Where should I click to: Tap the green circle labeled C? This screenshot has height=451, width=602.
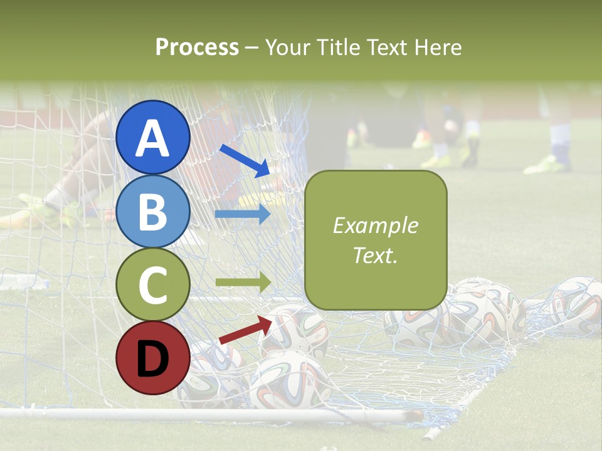(x=153, y=285)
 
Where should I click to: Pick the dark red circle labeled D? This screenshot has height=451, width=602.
(x=153, y=358)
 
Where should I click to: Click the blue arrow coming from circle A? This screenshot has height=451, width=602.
(x=245, y=160)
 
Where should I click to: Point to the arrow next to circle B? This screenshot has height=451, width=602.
(x=243, y=214)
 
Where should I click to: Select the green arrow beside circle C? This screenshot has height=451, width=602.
(x=243, y=283)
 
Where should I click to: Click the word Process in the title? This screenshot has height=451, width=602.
(x=197, y=47)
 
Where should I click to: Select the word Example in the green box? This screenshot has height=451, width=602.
(x=376, y=225)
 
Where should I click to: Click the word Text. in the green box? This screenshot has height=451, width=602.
(x=376, y=255)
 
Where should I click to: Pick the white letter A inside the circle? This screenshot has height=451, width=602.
(x=153, y=138)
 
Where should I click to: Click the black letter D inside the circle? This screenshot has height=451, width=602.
(x=153, y=359)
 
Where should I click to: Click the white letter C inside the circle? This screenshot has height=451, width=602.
(x=153, y=286)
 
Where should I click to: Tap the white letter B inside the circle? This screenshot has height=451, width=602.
(x=153, y=212)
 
